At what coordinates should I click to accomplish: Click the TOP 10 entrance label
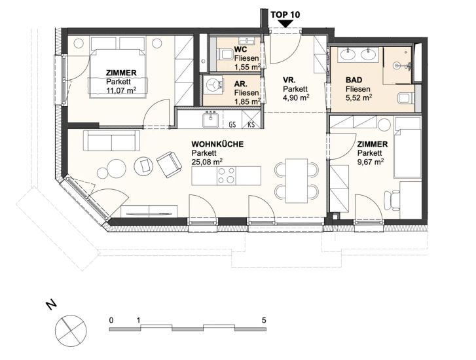click(x=285, y=14)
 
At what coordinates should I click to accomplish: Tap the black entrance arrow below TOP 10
click(x=285, y=24)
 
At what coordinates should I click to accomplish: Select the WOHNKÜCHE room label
click(x=217, y=144)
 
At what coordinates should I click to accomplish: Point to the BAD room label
click(x=354, y=80)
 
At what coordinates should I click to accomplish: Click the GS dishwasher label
click(x=232, y=124)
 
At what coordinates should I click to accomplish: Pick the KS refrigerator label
click(x=251, y=124)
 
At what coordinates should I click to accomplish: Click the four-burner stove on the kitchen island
click(x=227, y=175)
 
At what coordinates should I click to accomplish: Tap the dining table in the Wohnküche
click(x=297, y=181)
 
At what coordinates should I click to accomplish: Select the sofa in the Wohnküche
click(x=112, y=141)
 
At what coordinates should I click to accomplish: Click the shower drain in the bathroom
click(x=397, y=65)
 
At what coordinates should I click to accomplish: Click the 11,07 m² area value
click(x=120, y=90)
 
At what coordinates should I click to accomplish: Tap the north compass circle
click(x=71, y=331)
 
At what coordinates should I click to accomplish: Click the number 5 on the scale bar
click(x=263, y=320)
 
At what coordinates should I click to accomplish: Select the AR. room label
click(x=240, y=84)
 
